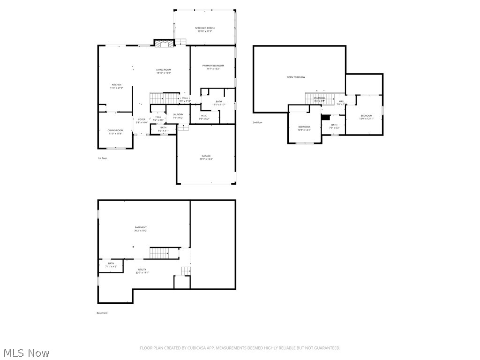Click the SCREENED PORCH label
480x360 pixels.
click(x=204, y=28)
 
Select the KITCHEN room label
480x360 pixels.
click(x=116, y=85)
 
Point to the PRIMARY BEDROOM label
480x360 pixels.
click(x=213, y=66)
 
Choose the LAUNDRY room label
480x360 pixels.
click(x=178, y=114)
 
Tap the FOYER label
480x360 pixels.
click(x=142, y=120)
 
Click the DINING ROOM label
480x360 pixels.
click(x=116, y=130)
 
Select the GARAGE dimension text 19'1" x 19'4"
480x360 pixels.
click(x=206, y=159)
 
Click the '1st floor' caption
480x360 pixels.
click(x=102, y=158)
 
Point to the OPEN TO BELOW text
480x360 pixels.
click(x=296, y=77)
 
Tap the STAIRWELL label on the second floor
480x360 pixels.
click(x=320, y=98)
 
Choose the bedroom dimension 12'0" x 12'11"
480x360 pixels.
click(x=367, y=119)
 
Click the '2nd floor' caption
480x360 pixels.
click(x=257, y=122)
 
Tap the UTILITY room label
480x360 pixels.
click(x=142, y=270)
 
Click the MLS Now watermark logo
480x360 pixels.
click(x=26, y=352)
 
